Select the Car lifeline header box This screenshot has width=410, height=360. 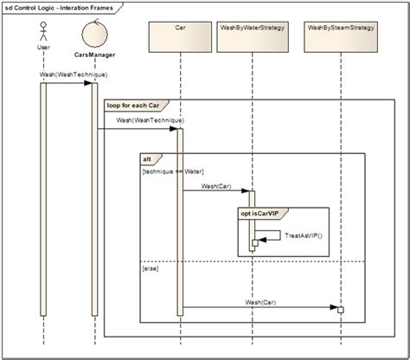click(180, 37)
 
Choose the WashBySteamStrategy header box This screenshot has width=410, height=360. click(340, 37)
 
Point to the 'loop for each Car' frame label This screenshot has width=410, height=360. click(131, 105)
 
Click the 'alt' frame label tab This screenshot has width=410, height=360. click(146, 158)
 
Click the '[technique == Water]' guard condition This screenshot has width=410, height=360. click(172, 172)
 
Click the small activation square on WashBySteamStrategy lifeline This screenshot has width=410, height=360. click(341, 309)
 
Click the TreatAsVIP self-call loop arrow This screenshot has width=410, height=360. click(277, 236)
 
